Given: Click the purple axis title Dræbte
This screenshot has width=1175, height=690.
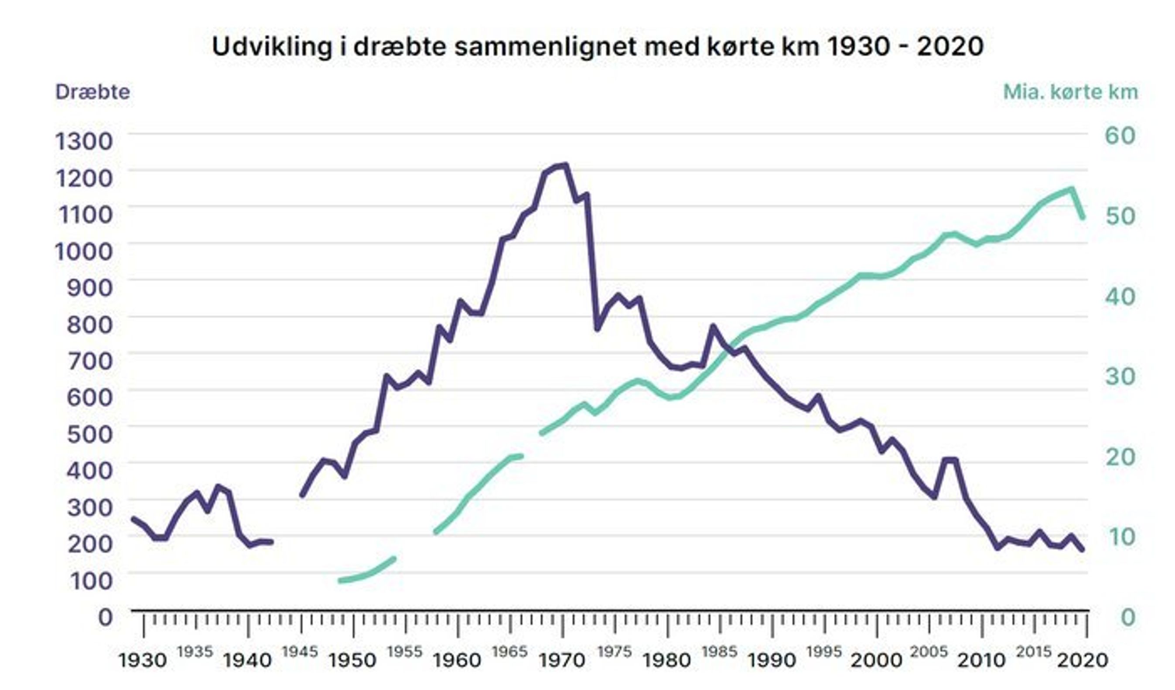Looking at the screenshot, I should (92, 92).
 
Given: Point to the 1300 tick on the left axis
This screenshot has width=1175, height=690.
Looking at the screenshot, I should (84, 141).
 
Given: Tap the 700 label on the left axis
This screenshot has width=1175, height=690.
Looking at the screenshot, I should (90, 360).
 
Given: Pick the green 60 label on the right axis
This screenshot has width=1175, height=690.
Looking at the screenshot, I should (1120, 136).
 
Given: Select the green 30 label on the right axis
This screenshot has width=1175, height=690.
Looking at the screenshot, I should (1120, 376).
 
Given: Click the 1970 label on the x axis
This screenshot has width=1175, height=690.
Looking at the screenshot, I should (562, 661).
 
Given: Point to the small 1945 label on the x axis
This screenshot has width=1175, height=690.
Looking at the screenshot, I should (300, 651).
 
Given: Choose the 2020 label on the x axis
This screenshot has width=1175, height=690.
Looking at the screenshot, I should (1082, 661).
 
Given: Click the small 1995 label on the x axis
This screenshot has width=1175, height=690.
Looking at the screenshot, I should (824, 651).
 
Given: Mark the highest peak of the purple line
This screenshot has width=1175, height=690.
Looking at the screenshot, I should (565, 164).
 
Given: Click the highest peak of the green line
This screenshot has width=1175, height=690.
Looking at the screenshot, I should (1072, 189).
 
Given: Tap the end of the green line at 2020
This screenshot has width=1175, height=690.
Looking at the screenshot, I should (1083, 217).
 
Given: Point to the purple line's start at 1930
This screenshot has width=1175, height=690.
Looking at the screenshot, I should (133, 519).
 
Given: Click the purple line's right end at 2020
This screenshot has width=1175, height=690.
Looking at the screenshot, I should (1082, 550).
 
